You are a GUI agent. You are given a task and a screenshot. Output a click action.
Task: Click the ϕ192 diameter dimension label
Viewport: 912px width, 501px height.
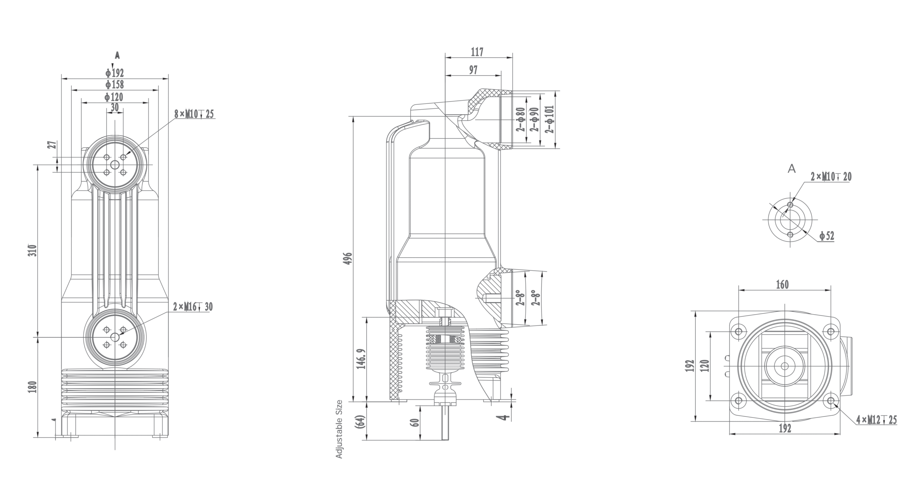(114, 73)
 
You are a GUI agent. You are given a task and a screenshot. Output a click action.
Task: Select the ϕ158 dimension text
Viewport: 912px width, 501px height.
(114, 85)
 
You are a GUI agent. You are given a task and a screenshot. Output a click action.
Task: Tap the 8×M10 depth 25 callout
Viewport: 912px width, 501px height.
(194, 114)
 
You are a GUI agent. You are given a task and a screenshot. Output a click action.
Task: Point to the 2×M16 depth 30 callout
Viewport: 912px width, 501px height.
(193, 307)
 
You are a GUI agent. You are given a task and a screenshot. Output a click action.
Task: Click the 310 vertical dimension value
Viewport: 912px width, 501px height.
(32, 250)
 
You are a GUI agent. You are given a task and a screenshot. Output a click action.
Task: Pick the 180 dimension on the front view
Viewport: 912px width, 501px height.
(32, 387)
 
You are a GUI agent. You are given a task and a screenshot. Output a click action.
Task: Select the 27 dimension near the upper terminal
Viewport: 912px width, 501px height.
(52, 145)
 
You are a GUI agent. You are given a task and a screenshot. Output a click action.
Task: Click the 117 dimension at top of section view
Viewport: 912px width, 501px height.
(477, 52)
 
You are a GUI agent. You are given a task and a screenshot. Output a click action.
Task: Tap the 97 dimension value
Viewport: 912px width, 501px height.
(473, 70)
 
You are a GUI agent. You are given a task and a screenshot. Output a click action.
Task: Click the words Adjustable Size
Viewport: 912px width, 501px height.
(339, 429)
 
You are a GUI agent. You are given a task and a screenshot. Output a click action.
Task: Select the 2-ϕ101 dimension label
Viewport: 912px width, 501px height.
(551, 119)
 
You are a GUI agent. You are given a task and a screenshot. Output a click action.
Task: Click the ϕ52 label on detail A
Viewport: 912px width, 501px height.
(826, 236)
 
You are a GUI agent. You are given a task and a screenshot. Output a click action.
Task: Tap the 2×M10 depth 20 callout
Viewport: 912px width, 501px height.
(831, 177)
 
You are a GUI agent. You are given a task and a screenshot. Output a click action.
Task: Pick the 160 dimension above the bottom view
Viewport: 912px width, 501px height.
(782, 285)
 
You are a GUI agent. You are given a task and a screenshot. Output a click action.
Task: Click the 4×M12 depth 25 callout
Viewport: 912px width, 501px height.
(876, 420)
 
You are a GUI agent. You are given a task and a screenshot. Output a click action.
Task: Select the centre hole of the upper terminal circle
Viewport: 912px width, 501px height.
(115, 165)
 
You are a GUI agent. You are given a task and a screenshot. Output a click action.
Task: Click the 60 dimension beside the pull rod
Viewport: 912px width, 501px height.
(415, 423)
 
